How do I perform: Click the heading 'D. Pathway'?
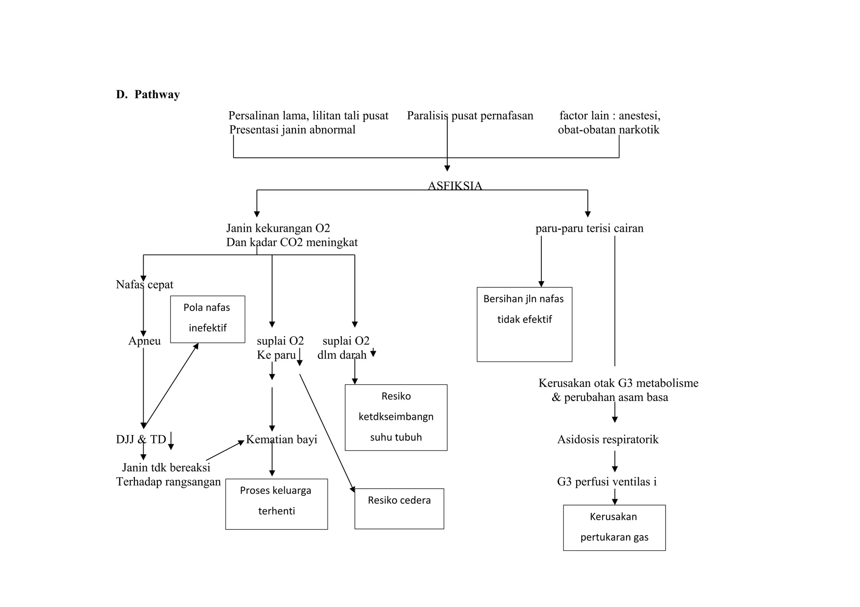[148, 94]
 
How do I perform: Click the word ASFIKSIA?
[455, 185]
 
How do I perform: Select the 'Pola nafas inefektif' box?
[207, 319]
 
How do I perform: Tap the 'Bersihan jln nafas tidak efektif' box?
[524, 324]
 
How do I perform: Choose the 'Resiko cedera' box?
[399, 508]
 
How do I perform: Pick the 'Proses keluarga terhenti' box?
[276, 503]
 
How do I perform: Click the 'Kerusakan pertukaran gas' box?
[614, 527]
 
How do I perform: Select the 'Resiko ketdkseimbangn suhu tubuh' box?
[396, 417]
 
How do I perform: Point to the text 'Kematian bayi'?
[281, 439]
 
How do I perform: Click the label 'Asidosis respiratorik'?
[608, 439]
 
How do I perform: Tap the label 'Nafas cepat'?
[144, 284]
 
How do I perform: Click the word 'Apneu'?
[144, 341]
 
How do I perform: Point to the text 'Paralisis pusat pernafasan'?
[470, 115]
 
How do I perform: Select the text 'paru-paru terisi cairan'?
[589, 228]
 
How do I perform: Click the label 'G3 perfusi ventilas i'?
[607, 482]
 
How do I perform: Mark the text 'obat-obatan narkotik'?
[608, 130]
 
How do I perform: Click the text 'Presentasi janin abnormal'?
[292, 130]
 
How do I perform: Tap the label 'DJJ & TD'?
[141, 439]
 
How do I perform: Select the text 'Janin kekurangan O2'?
[278, 228]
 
